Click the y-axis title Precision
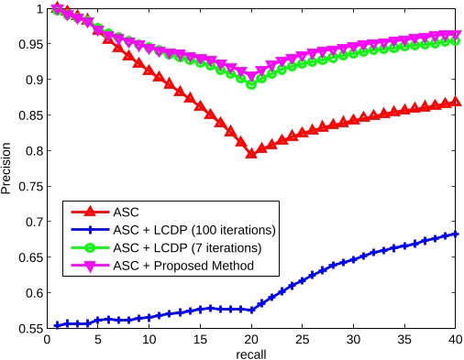tap(8, 168)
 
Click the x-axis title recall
tap(251, 353)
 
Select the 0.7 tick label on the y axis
tap(33, 222)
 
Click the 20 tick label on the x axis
tap(251, 339)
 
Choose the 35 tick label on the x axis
tap(405, 339)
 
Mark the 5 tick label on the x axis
tap(98, 339)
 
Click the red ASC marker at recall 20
tap(251, 153)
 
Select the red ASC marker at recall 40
tap(456, 102)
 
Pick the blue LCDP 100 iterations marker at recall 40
tap(456, 235)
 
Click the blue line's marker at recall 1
tap(57, 325)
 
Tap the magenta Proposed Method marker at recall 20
tap(251, 76)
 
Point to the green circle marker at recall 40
tap(456, 41)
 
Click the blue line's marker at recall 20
tap(251, 311)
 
